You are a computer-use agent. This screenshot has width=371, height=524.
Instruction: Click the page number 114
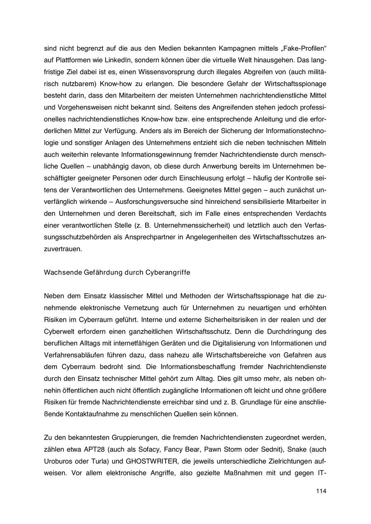pyautogui.click(x=321, y=491)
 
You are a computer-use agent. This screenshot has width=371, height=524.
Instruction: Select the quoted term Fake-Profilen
pyautogui.click(x=305, y=49)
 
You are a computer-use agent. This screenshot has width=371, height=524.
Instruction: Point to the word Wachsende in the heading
pyautogui.click(x=63, y=272)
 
